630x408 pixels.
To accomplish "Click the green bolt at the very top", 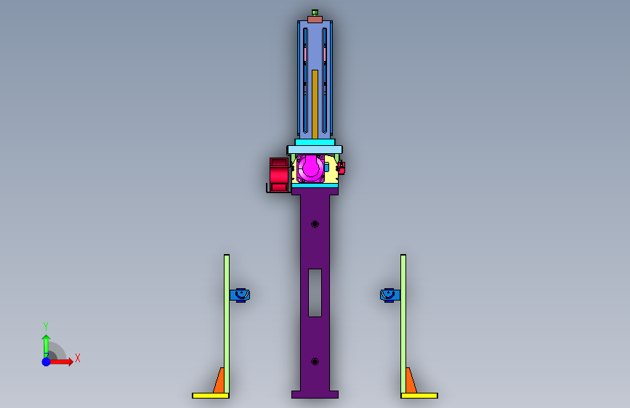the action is tap(315, 12).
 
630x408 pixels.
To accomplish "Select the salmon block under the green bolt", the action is tap(315, 20).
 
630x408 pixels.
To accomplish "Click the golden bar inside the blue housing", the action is tap(315, 105).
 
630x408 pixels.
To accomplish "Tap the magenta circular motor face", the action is tap(310, 168).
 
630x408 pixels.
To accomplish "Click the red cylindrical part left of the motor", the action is tap(279, 175).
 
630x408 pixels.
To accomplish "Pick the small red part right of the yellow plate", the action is tap(342, 168).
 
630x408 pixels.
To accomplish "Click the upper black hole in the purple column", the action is tap(315, 224).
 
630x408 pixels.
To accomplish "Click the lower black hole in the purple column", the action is tap(315, 362).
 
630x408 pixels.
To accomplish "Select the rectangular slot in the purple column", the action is tap(315, 293).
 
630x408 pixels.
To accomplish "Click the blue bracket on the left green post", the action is tap(240, 295).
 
